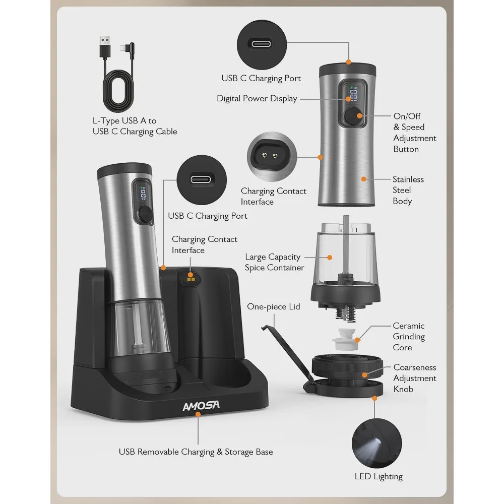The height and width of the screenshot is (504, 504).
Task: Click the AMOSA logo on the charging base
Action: tap(201, 406)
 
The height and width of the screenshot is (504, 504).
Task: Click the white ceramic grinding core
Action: tap(344, 339)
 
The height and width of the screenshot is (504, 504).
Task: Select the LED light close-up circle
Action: tap(376, 443)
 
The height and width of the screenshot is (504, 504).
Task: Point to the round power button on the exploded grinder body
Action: tap(353, 116)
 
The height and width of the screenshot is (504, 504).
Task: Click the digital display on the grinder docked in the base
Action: tap(143, 194)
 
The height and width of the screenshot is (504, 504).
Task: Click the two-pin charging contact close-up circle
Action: tap(272, 157)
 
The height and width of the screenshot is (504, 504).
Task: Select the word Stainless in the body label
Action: tap(408, 179)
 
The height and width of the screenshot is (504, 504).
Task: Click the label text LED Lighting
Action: tap(379, 476)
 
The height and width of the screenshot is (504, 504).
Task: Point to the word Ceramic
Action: tap(409, 326)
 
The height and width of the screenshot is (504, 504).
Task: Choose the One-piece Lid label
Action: tap(274, 306)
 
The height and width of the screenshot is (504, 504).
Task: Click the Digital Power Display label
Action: tap(257, 99)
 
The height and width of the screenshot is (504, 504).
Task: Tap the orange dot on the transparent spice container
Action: tap(330, 258)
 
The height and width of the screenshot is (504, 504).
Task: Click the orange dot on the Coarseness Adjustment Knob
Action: tap(364, 375)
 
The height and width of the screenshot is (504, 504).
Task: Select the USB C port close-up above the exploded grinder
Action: tap(262, 45)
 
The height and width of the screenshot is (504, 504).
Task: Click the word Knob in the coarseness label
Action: tap(403, 389)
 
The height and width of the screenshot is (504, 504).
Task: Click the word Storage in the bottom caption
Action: tap(238, 452)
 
